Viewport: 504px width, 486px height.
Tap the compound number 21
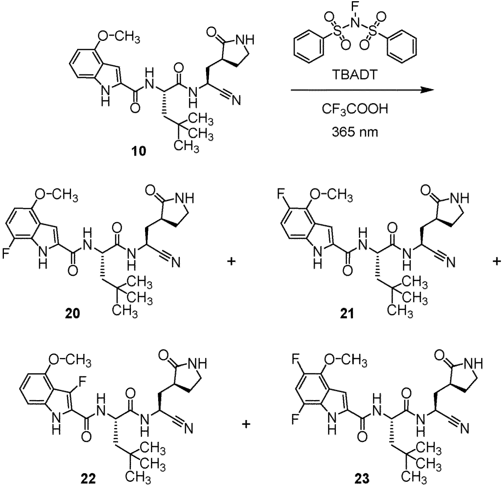(x=346, y=314)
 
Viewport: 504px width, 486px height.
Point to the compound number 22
(x=88, y=479)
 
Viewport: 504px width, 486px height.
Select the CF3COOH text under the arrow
(x=355, y=109)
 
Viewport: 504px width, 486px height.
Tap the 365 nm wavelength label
(x=355, y=131)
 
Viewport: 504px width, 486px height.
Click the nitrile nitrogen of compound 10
(x=236, y=101)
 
